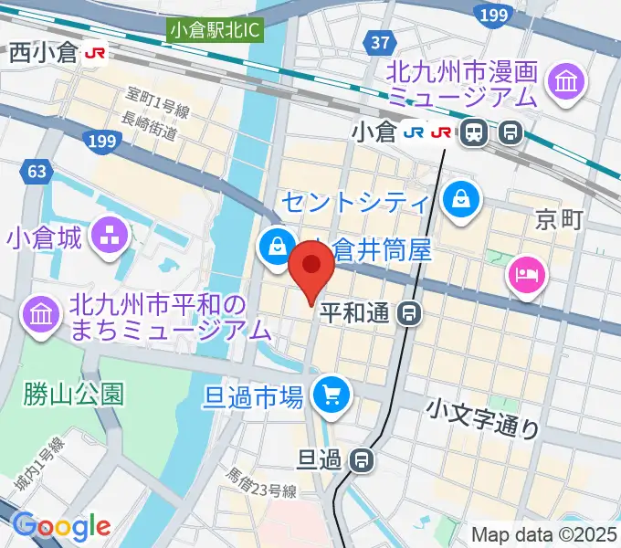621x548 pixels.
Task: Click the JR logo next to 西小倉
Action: [x=94, y=54]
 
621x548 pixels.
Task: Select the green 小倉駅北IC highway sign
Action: [x=215, y=29]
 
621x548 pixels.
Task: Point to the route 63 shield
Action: [x=36, y=171]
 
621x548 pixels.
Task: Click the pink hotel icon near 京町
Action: [x=529, y=272]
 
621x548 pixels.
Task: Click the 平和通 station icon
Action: [x=410, y=315]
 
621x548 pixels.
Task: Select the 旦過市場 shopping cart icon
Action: [x=330, y=395]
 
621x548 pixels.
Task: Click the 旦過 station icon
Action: [x=363, y=459]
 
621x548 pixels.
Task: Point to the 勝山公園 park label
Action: [x=76, y=394]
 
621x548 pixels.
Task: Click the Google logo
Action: [x=61, y=526]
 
